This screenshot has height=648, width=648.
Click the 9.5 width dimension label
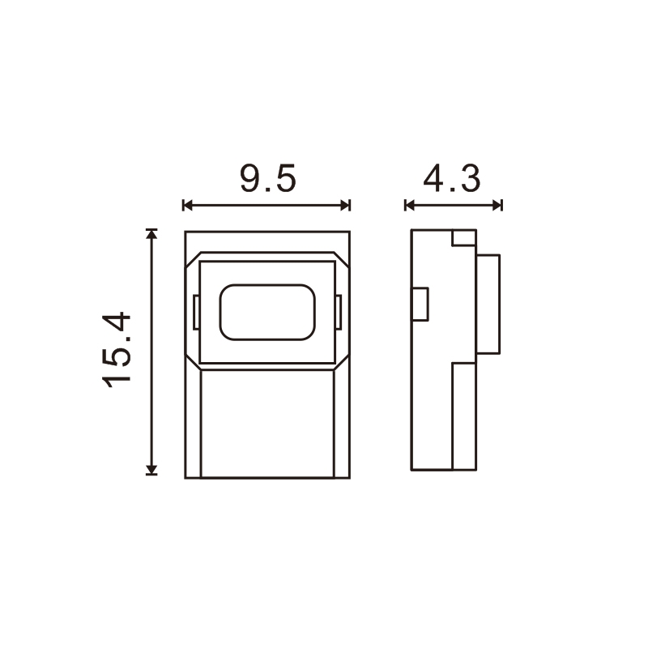268,179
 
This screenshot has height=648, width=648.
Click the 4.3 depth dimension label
452,179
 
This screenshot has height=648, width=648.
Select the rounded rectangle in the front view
267,313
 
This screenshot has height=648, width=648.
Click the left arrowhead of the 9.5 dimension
188,205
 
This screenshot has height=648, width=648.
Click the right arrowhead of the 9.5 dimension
345,205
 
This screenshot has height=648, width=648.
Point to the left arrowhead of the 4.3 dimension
410,205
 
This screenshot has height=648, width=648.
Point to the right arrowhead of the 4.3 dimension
497,205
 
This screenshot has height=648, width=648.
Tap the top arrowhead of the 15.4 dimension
151,234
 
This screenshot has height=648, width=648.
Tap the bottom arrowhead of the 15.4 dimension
151,470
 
